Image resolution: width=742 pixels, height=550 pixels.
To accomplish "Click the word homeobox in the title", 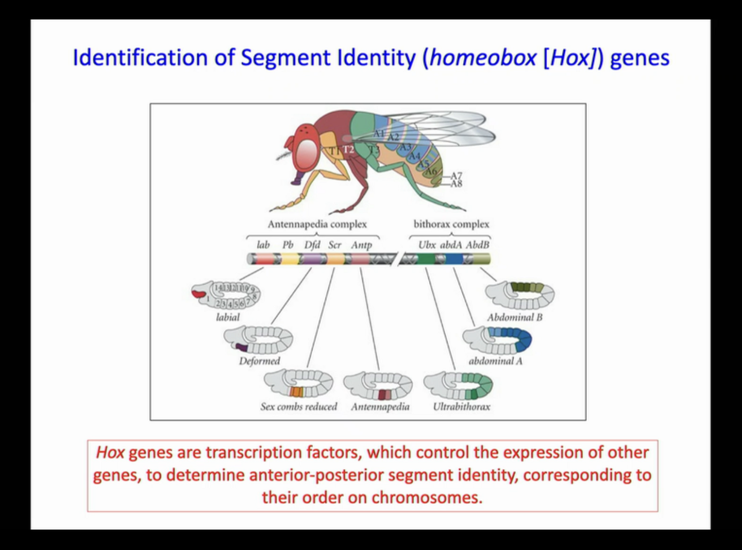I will pyautogui.click(x=483, y=57).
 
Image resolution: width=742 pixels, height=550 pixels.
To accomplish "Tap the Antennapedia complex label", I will pyautogui.click(x=317, y=224).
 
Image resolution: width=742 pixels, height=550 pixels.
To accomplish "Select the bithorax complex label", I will pyautogui.click(x=451, y=224).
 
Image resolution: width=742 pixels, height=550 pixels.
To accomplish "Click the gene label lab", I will pyautogui.click(x=263, y=245).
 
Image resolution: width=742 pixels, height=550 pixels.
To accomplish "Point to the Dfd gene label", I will pyautogui.click(x=312, y=245).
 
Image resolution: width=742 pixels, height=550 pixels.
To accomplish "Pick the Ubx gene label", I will pyautogui.click(x=427, y=245).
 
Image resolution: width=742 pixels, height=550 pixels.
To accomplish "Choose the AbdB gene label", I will pyautogui.click(x=477, y=245).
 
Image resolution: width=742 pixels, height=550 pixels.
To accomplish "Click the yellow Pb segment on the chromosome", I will pyautogui.click(x=290, y=259).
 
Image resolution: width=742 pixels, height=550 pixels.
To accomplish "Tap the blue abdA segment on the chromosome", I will pyautogui.click(x=454, y=259).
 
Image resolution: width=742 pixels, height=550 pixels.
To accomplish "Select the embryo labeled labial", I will pyautogui.click(x=227, y=295).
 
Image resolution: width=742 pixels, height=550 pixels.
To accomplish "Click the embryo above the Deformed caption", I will pyautogui.click(x=259, y=340).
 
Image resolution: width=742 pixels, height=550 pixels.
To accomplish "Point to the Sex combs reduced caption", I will pyautogui.click(x=299, y=407).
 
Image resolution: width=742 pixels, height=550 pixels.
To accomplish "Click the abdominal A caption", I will pyautogui.click(x=495, y=361).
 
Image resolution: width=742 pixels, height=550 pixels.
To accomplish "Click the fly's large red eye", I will pyautogui.click(x=305, y=154).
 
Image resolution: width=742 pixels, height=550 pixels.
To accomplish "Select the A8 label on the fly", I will pyautogui.click(x=456, y=184).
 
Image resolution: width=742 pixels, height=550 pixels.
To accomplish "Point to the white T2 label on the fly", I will pyautogui.click(x=348, y=149).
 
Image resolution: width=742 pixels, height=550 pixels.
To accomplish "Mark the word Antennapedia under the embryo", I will pyautogui.click(x=380, y=407).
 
